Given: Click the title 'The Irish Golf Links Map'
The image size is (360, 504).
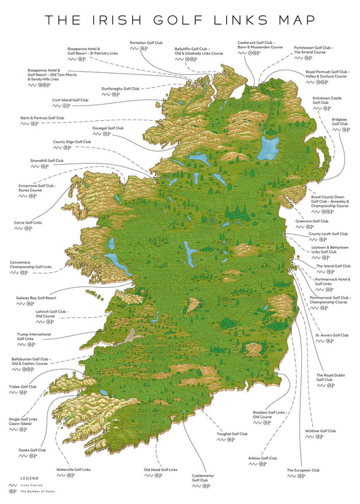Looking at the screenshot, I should click(180, 21).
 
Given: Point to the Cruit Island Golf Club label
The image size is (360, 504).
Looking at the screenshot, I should click(70, 100).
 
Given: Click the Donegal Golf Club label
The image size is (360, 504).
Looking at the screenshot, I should click(107, 128).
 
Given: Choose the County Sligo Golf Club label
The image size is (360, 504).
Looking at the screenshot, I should click(72, 142).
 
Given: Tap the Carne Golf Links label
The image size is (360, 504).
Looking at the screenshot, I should click(28, 222).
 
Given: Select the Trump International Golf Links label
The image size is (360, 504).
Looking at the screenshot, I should click(34, 336).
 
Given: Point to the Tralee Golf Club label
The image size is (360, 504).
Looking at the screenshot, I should click(24, 387).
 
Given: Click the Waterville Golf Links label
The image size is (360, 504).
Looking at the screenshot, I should click(73, 469).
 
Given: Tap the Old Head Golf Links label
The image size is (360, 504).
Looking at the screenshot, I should click(160, 469).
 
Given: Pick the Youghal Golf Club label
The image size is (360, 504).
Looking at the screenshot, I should click(232, 434).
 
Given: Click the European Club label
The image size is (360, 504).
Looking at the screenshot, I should click(303, 470).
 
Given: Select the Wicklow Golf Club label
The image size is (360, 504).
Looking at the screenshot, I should click(320, 430).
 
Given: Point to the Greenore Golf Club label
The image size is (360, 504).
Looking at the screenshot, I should click(312, 221).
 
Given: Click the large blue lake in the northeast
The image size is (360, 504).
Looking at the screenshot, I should click(271, 145).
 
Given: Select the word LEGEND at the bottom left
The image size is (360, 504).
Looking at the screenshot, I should click(20, 478).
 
